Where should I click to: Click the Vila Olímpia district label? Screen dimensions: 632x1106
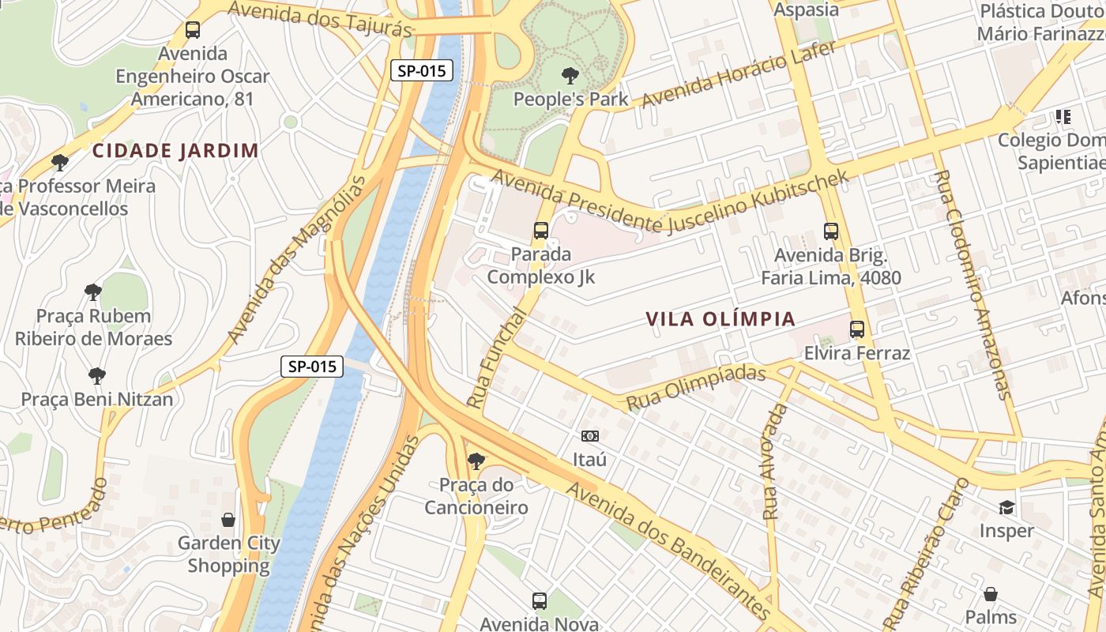coord(720,319)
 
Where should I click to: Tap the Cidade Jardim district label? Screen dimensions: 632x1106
coord(175,151)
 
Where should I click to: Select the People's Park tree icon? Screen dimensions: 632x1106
coord(569,77)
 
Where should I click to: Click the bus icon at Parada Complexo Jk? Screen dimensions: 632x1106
coord(541,231)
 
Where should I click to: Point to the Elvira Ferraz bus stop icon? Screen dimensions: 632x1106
coord(857,329)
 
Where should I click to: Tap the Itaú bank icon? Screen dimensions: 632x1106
coord(589,436)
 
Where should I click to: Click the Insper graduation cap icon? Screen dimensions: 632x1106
coord(1006,507)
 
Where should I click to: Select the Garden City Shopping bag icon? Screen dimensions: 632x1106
coord(228,520)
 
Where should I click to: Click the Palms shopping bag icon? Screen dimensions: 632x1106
coord(991,594)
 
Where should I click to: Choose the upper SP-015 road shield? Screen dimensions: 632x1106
coord(422,70)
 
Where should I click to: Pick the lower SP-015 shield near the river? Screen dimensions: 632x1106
coord(312,367)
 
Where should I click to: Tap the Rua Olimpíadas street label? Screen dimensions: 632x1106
coord(696,387)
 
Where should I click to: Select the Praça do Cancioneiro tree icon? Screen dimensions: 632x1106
coord(476,461)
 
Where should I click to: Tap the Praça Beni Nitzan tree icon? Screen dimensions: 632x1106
coord(97,375)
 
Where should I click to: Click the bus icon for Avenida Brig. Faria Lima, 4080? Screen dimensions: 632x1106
coord(831,231)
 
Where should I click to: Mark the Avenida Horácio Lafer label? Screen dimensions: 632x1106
coord(738,76)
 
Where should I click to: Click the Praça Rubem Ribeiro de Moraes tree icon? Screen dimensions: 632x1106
coord(93,292)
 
